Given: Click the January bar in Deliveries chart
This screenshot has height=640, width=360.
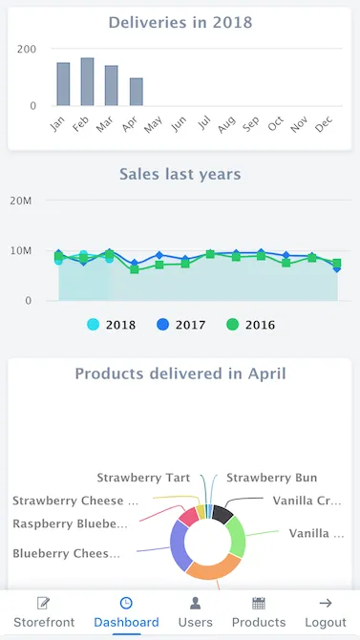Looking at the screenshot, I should point(63,84).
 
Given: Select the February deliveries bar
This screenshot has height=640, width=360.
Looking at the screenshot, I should point(87,82).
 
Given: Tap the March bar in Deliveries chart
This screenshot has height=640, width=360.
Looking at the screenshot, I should point(112,86).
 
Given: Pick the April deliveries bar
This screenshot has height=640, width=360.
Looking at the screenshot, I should point(136,92).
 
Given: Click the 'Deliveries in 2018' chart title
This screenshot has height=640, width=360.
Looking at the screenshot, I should point(180,22).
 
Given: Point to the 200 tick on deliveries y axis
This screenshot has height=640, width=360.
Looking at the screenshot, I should point(27,49).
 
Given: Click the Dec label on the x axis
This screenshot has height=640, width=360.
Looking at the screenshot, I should point(324,124).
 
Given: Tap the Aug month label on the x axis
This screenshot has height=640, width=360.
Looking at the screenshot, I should point(226,124).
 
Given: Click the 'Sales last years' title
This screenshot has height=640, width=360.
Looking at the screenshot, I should point(180,174).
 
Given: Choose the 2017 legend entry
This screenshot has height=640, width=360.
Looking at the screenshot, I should point(180,325).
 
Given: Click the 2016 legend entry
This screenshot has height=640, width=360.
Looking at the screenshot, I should point(250,325).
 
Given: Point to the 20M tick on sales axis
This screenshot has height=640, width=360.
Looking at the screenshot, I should point(21,201).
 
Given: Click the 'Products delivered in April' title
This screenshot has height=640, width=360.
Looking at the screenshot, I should point(180,373).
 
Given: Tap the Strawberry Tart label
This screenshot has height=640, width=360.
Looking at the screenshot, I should point(143,478).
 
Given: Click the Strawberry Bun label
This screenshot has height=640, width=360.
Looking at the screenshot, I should point(271,478).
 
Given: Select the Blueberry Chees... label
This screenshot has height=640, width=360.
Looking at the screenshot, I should point(67,553).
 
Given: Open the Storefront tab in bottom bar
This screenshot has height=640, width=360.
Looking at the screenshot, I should point(43,611).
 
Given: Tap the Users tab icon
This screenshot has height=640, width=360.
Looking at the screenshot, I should point(195,604).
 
